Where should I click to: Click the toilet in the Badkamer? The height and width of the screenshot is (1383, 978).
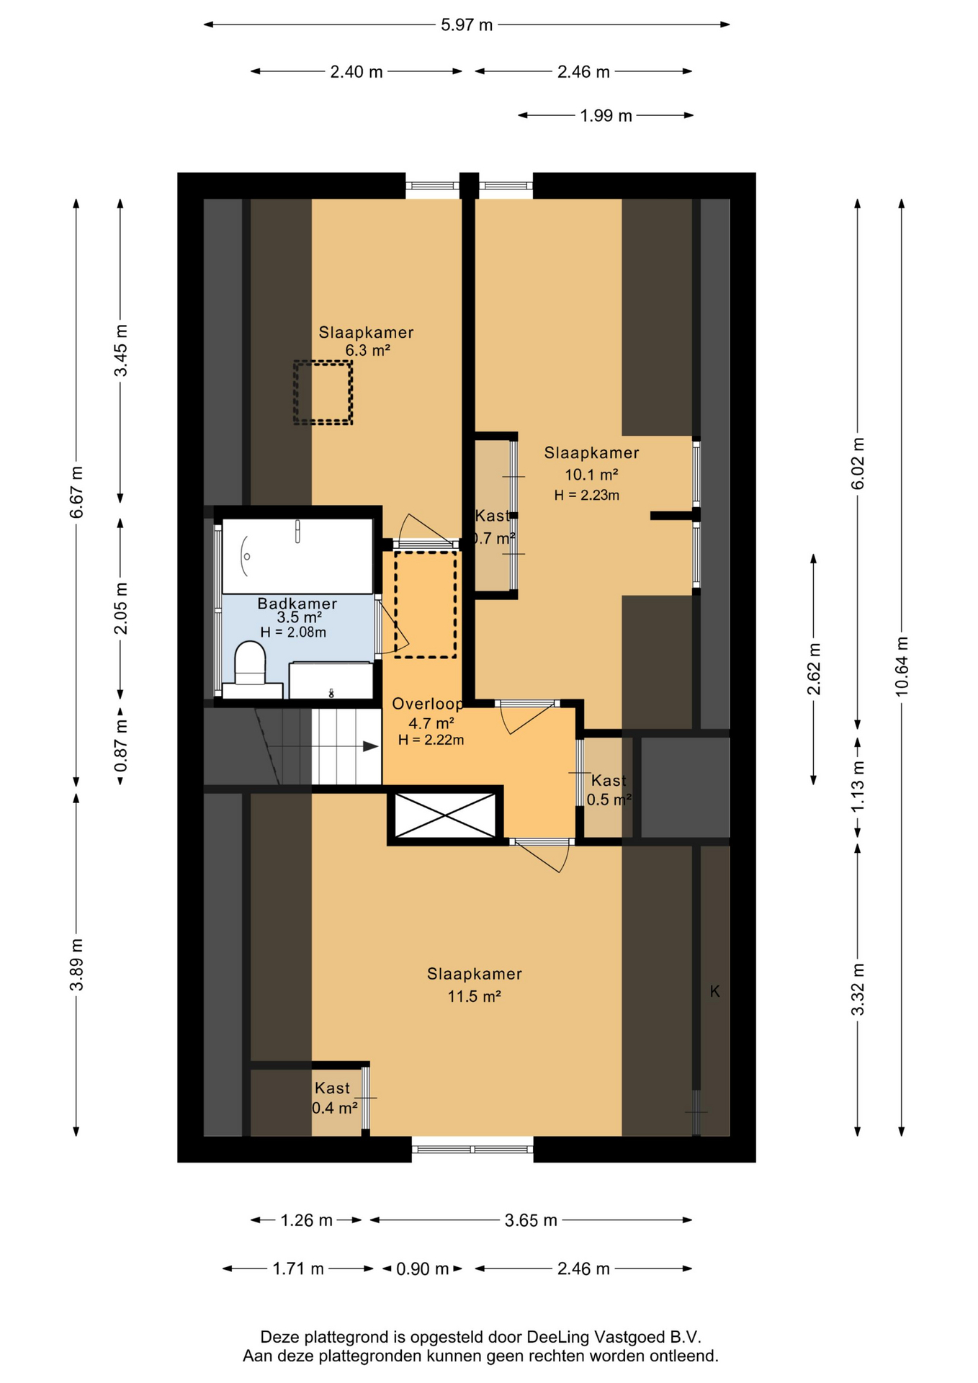point(251,669)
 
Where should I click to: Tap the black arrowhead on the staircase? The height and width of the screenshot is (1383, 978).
point(370,746)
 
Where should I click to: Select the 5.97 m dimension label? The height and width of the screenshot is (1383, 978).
point(467,24)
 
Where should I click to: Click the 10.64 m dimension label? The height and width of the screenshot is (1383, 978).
point(902,666)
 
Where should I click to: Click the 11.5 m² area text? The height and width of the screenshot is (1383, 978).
point(474,996)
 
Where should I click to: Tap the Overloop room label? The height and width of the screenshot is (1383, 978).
point(428,704)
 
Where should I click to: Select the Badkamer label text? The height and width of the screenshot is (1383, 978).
point(297,604)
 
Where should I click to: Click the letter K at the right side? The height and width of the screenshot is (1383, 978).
point(715,991)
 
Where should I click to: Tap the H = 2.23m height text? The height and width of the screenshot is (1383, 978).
point(587,495)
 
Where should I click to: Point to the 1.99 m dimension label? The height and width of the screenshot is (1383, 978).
point(606,115)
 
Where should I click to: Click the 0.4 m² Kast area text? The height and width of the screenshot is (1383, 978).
point(335,1108)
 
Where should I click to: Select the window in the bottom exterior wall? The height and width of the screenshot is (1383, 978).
point(472,1148)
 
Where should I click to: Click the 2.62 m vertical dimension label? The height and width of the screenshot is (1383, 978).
point(814,668)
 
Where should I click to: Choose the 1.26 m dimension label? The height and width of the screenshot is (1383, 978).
point(306,1220)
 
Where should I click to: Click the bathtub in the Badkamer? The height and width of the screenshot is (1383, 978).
point(297,555)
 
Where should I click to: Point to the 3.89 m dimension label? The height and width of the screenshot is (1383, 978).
point(76,964)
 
